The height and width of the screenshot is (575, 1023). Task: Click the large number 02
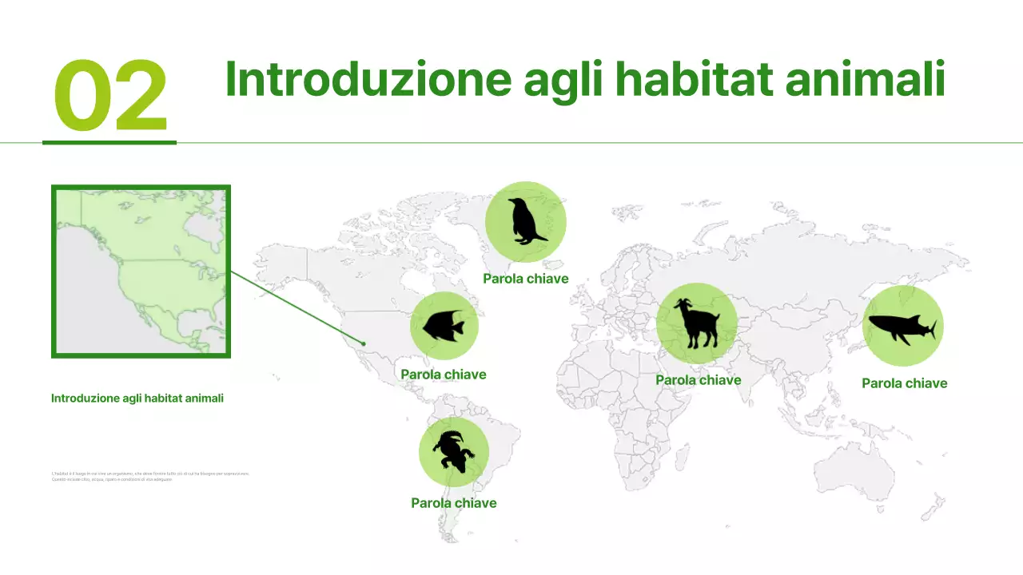(x=110, y=97)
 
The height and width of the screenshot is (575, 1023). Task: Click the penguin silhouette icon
(x=526, y=221)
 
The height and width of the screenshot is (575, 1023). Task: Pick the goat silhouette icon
(x=696, y=323)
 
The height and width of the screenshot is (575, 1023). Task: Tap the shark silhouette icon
(x=902, y=327)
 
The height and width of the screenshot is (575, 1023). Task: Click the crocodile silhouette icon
(x=453, y=452)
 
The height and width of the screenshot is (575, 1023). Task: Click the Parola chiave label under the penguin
(x=526, y=279)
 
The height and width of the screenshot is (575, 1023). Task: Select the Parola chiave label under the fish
(x=444, y=375)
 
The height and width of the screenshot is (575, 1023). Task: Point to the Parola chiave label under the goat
(x=699, y=380)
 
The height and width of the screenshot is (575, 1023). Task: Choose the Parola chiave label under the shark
(x=905, y=383)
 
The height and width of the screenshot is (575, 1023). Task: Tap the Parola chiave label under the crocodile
(x=454, y=503)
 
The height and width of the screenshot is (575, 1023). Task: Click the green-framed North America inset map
(x=141, y=272)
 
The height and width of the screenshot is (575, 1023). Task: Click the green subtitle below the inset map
(x=137, y=398)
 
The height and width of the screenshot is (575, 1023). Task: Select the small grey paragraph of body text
(x=150, y=476)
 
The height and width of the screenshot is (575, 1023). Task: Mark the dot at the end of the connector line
(x=364, y=344)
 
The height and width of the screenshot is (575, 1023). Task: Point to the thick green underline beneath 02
(x=109, y=142)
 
